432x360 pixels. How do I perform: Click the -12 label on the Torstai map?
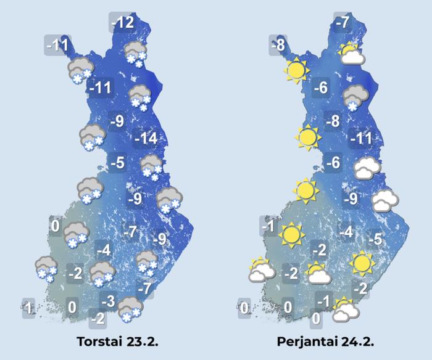pyautogui.click(x=123, y=24)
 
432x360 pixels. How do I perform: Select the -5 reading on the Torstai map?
pyautogui.click(x=118, y=163)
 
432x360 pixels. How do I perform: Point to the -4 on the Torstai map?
pyautogui.click(x=104, y=251)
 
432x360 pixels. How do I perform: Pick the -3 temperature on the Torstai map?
pyautogui.click(x=109, y=301)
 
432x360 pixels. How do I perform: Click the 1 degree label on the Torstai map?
pyautogui.click(x=28, y=306)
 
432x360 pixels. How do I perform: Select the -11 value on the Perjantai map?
pyautogui.click(x=360, y=138)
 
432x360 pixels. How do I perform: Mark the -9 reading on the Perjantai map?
pyautogui.click(x=351, y=198)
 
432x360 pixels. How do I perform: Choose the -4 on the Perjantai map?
pyautogui.click(x=347, y=233)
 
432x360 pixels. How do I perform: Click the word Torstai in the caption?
pyautogui.click(x=98, y=342)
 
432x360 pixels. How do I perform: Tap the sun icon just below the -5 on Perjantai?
pyautogui.click(x=362, y=263)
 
